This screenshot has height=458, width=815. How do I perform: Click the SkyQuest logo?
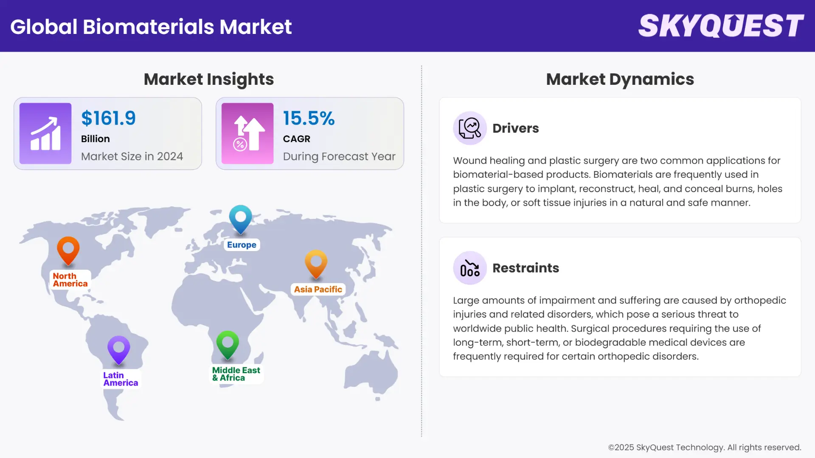[x=721, y=26]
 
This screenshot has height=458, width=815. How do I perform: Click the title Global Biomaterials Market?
[x=151, y=27]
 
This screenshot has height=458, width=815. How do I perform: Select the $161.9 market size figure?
[x=108, y=118]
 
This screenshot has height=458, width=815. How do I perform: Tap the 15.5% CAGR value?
[x=309, y=118]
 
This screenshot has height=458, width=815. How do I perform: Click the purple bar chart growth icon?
[x=45, y=134]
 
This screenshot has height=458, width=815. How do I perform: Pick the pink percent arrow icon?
[x=247, y=134]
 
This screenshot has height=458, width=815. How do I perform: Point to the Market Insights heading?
[x=208, y=79]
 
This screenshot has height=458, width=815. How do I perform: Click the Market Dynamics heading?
[x=620, y=79]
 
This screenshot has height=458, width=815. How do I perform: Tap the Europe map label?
[x=242, y=245]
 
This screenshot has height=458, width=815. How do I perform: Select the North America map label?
[x=70, y=280]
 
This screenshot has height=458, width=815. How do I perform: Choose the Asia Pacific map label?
[x=318, y=289]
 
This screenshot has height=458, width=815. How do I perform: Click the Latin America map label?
[x=121, y=379]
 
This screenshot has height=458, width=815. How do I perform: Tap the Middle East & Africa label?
[x=236, y=374]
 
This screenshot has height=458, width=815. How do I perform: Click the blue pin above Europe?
[x=240, y=218]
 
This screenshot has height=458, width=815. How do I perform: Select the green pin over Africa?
[x=228, y=343]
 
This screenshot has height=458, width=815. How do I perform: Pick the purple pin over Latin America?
[x=119, y=349]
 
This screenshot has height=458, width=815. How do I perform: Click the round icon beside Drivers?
[x=469, y=128]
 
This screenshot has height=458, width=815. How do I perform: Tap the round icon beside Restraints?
[x=469, y=268]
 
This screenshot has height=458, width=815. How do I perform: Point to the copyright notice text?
[x=704, y=447]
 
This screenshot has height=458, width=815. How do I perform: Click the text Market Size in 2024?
[x=132, y=156]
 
